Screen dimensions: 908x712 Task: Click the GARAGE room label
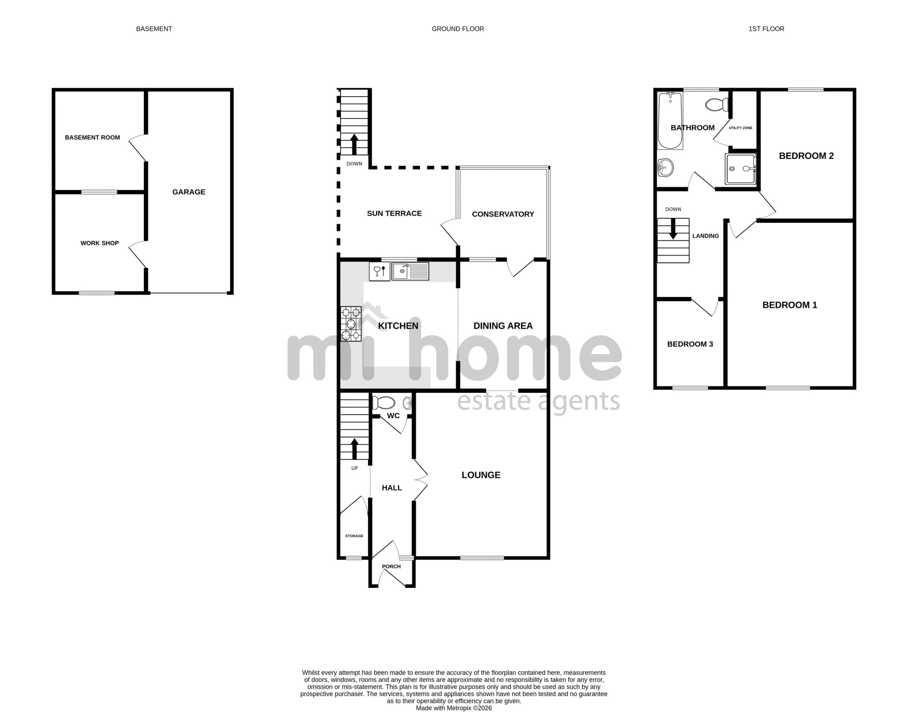pyautogui.click(x=189, y=192)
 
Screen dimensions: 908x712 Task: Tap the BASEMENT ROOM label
pyautogui.click(x=93, y=138)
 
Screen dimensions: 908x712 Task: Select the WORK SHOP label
pyautogui.click(x=100, y=243)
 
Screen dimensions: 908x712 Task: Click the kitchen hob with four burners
pyautogui.click(x=351, y=324)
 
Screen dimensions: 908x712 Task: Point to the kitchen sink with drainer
pyautogui.click(x=410, y=272)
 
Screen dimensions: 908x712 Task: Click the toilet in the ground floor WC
pyautogui.click(x=384, y=403)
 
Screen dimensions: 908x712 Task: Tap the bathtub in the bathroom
pyautogui.click(x=670, y=121)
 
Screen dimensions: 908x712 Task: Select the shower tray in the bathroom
pyautogui.click(x=741, y=169)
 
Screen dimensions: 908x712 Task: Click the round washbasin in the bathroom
pyautogui.click(x=666, y=168)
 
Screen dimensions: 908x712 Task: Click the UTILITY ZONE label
pyautogui.click(x=740, y=128)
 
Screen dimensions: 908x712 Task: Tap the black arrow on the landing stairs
pyautogui.click(x=673, y=229)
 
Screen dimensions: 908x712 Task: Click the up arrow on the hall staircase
pyautogui.click(x=354, y=449)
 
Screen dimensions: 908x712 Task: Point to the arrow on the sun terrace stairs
pyautogui.click(x=354, y=144)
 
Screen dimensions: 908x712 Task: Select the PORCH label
pyautogui.click(x=391, y=567)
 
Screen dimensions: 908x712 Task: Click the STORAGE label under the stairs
pyautogui.click(x=354, y=536)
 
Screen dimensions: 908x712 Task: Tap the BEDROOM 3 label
pyautogui.click(x=690, y=344)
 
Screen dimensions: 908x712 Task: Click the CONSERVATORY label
pyautogui.click(x=503, y=214)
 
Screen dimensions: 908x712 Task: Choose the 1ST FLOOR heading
pyautogui.click(x=766, y=29)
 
